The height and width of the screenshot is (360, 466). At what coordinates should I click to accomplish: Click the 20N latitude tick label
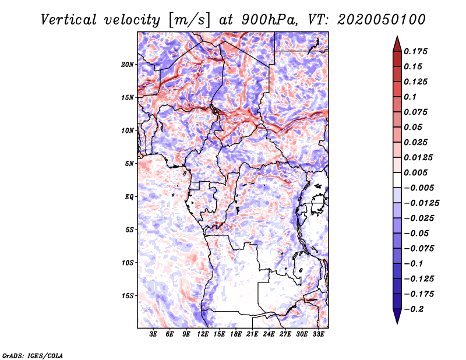(x=128, y=64)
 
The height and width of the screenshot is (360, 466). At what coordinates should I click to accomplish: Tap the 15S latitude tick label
(x=128, y=296)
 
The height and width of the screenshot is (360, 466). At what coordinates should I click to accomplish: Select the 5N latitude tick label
(x=129, y=164)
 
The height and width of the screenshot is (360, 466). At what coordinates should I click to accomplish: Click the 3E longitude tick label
(x=154, y=335)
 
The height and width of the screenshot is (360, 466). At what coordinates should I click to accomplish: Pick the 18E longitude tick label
(x=236, y=335)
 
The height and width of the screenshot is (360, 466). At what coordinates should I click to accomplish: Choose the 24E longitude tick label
(x=269, y=335)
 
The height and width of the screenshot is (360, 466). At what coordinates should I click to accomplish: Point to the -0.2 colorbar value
(x=415, y=309)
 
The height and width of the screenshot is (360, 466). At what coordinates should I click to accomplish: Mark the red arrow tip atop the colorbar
(x=397, y=38)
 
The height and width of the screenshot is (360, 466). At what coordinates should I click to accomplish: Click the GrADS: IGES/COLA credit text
(x=33, y=354)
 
